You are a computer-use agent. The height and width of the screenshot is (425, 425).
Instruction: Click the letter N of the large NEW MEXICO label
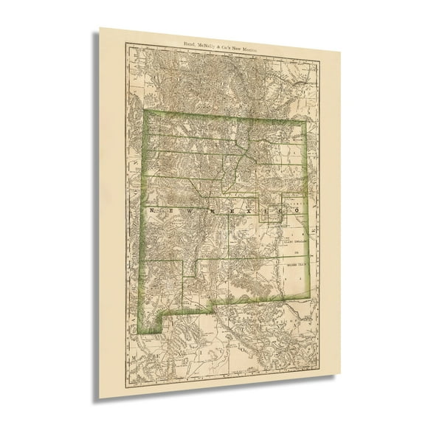(x=153, y=210)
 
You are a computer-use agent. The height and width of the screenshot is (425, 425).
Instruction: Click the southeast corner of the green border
(x=309, y=298)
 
